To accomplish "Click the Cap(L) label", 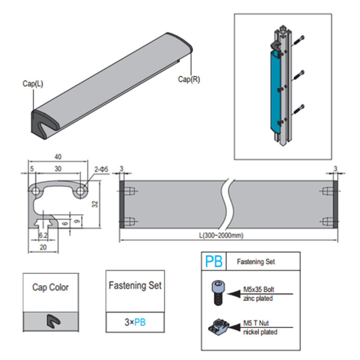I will pos(32,83).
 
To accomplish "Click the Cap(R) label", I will pos(189,79).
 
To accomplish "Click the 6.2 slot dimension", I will pos(43,235).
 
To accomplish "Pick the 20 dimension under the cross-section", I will pos(44,247).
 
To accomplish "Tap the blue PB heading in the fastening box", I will pos(214,261).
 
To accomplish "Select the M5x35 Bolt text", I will pos(260,289).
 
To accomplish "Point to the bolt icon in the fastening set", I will pos(217,293).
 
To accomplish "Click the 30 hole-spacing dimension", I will pos(58,169).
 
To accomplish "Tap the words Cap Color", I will pos(50,287).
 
